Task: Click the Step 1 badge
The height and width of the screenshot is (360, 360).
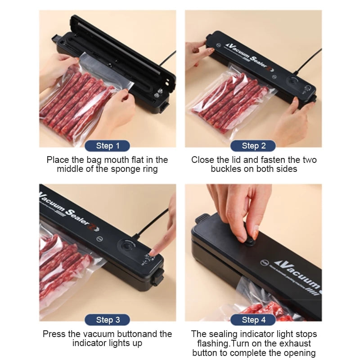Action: click(x=107, y=146)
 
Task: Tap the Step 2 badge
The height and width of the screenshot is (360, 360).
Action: click(x=253, y=146)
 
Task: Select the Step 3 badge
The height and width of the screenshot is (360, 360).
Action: click(x=107, y=320)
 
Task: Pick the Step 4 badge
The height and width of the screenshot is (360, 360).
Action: click(x=253, y=320)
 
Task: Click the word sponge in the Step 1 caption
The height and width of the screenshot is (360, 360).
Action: click(x=121, y=169)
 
